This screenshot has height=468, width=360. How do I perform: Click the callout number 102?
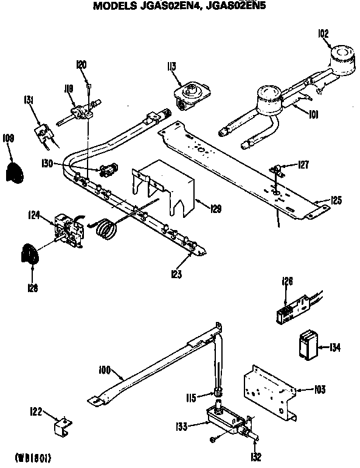tap(324, 34)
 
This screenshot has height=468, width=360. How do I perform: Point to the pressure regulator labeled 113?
tap(192, 95)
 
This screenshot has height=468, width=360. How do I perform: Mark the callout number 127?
tap(303, 164)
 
